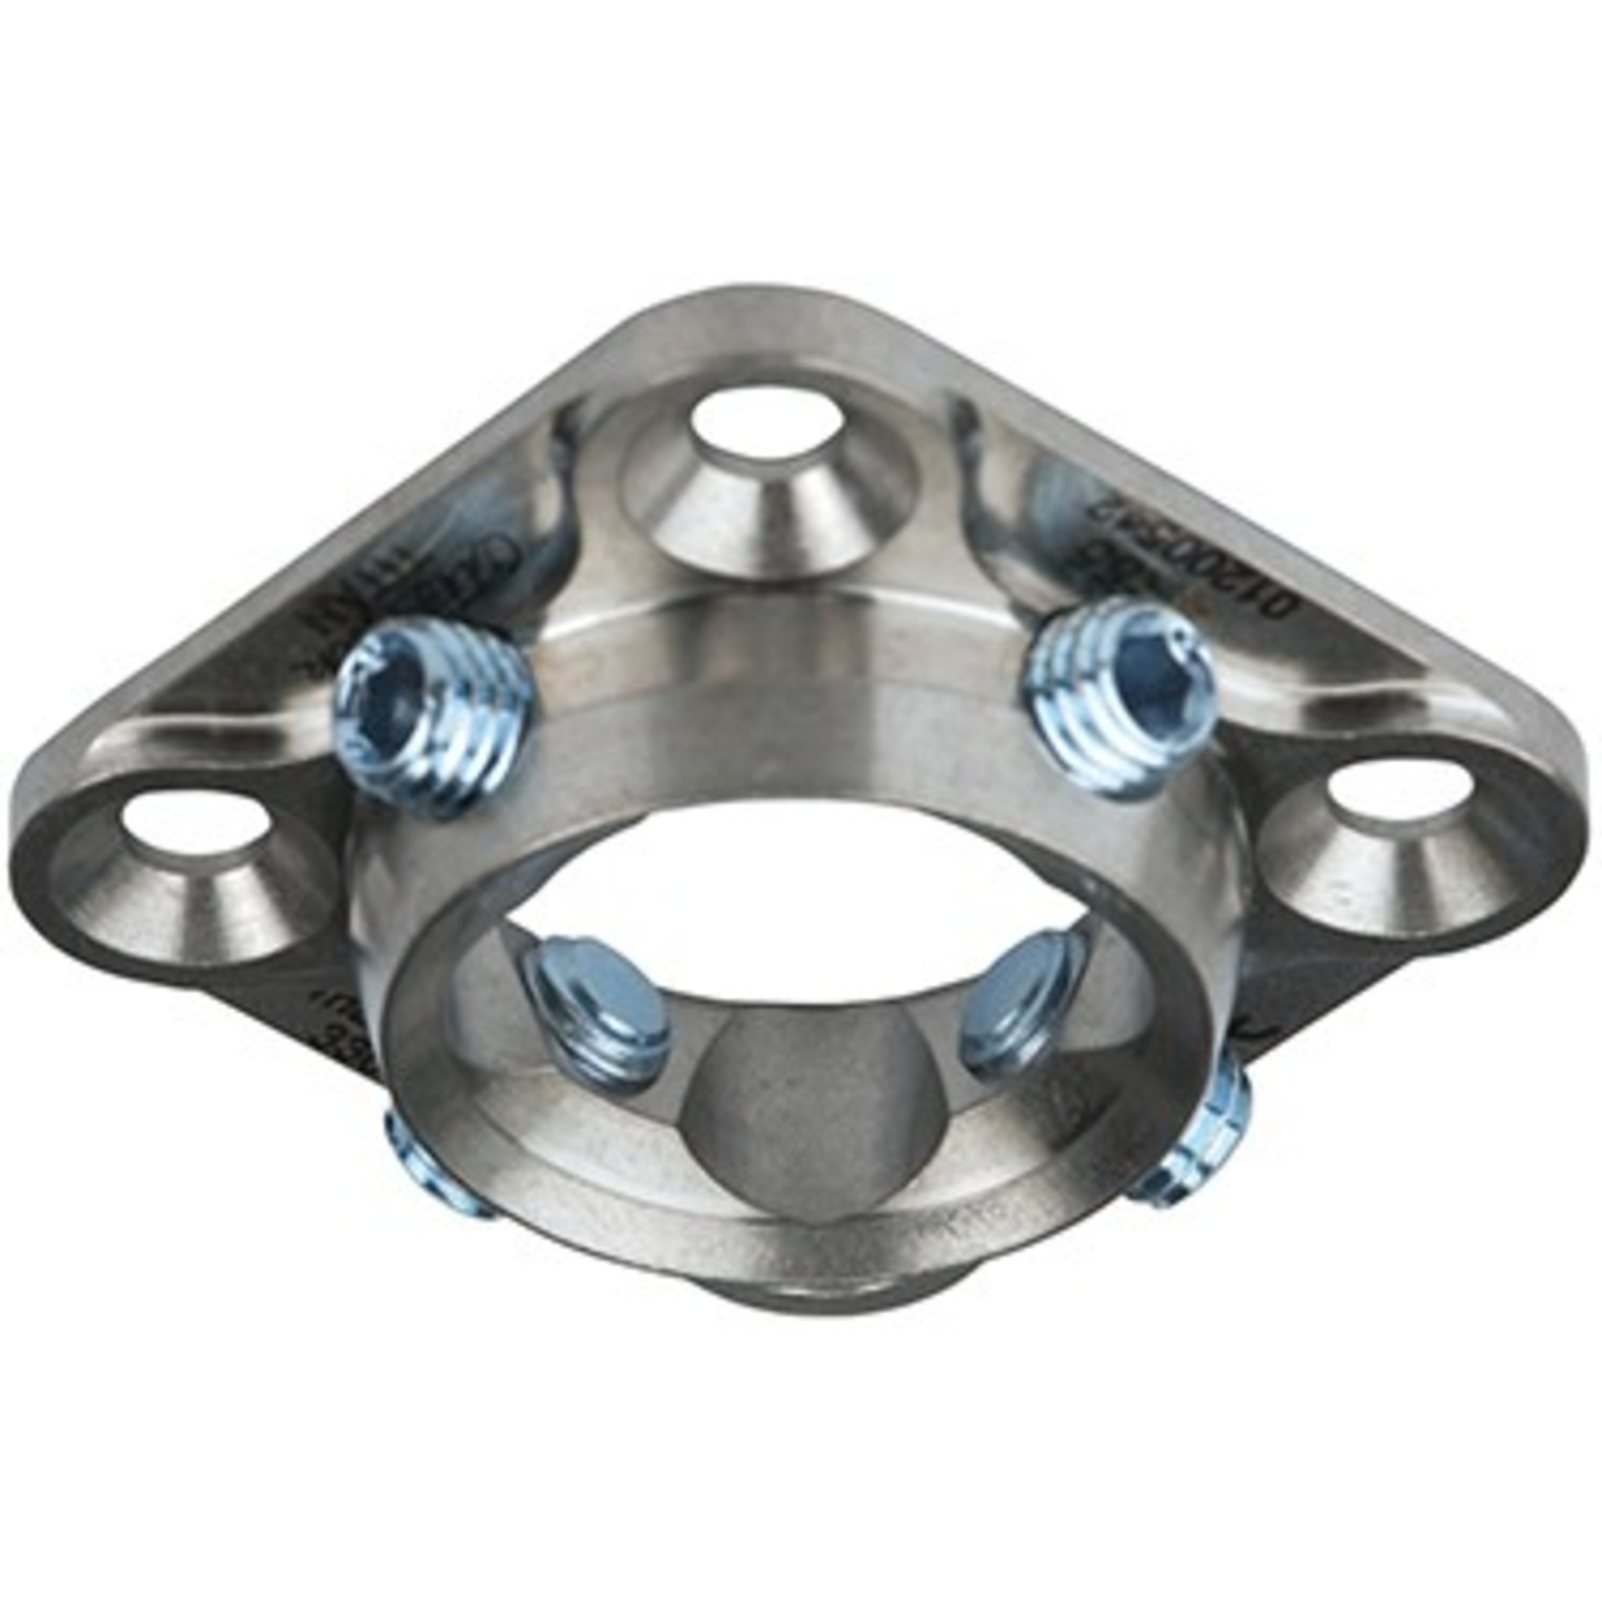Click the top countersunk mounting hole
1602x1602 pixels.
tap(763, 424)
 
